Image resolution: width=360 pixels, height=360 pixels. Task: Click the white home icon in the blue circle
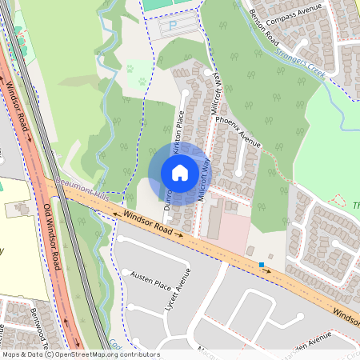pos(180,173)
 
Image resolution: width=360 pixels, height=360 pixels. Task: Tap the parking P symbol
pos(174,26)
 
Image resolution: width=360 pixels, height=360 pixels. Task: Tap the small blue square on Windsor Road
pos(261,264)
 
